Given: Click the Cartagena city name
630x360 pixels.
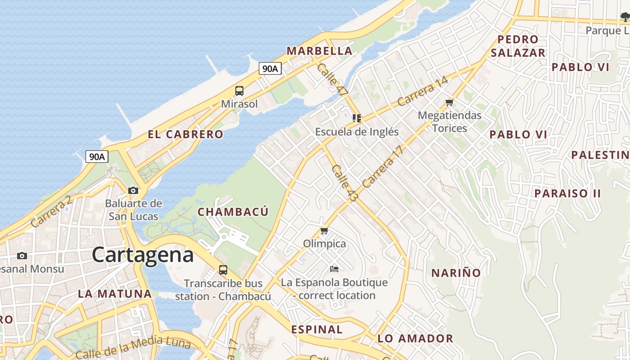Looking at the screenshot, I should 143,255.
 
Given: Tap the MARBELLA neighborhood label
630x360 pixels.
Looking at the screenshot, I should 319,51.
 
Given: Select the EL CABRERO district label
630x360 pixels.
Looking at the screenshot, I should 185,134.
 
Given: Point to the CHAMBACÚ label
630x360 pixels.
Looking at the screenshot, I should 233,211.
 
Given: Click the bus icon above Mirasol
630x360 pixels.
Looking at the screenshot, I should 239,91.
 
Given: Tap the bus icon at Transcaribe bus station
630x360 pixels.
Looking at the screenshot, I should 223,270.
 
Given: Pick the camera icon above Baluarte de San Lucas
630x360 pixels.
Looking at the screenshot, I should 133,191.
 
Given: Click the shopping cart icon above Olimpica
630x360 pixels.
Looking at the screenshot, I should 324,231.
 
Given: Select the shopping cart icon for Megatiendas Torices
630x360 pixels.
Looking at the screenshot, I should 449,103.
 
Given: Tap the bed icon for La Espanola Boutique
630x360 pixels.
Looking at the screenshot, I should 334,269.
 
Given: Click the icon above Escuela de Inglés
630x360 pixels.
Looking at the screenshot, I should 357,118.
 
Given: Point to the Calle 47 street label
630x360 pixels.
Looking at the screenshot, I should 333,79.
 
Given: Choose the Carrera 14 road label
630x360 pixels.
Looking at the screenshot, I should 423,92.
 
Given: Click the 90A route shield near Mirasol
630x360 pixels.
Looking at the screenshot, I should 270,69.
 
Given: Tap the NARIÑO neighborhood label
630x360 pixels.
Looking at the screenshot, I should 456,273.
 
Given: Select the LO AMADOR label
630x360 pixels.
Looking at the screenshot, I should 415,338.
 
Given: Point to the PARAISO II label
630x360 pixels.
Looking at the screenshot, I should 567,193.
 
